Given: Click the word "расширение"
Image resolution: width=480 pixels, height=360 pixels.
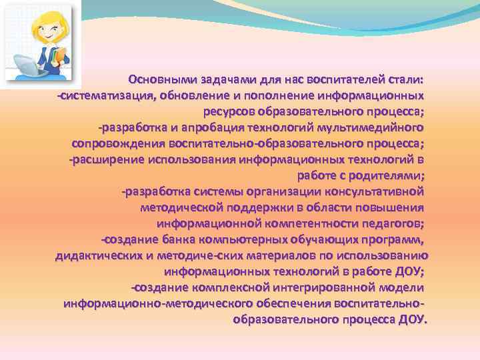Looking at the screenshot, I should [x=107, y=159].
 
